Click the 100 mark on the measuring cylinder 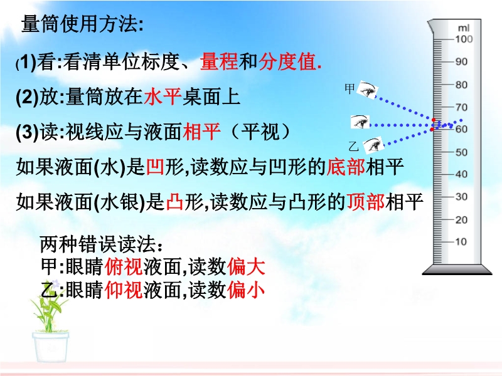(x=464, y=39)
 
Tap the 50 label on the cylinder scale (x=461, y=152)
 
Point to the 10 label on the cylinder (x=461, y=241)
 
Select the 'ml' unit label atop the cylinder (x=463, y=28)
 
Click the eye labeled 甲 (x=367, y=90)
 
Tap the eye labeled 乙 (x=373, y=145)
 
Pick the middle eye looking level (x=360, y=122)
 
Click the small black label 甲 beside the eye (x=350, y=88)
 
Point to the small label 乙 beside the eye (x=353, y=147)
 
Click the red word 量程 (x=219, y=61)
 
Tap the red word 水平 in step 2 (x=163, y=97)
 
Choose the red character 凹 (x=155, y=167)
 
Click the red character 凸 (x=175, y=202)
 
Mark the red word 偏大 (x=246, y=267)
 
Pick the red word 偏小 (x=246, y=290)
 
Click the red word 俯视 (x=124, y=267)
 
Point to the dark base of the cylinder (x=457, y=269)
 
